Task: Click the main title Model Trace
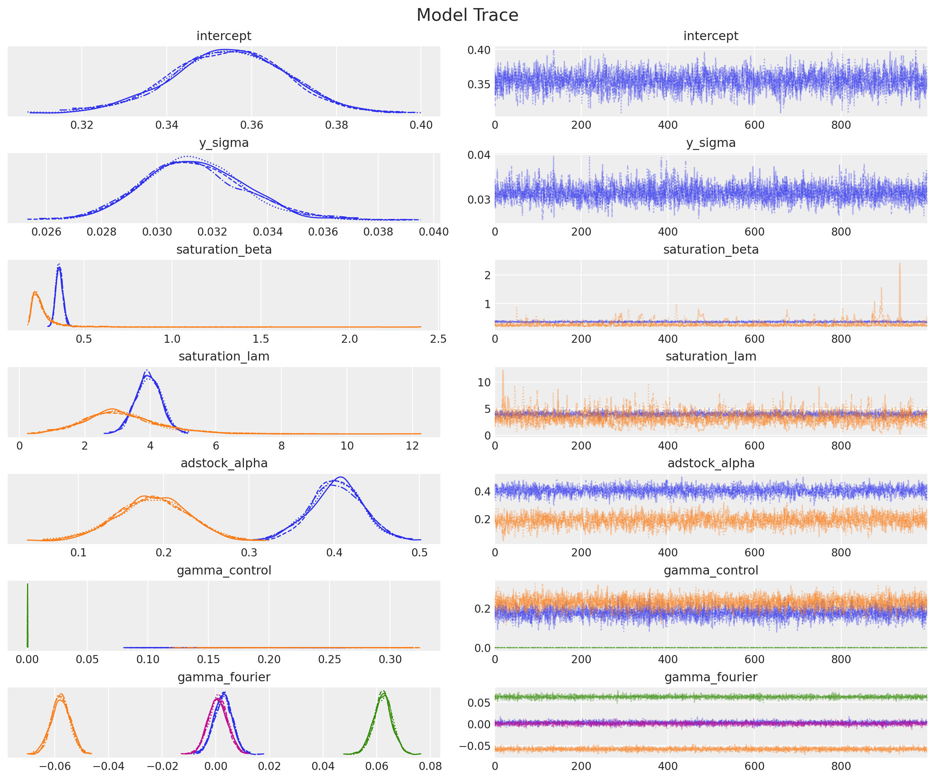[x=467, y=15]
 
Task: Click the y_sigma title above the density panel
[x=223, y=143]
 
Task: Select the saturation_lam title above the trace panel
[x=710, y=356]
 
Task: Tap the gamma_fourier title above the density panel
[x=223, y=677]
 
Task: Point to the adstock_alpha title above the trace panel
[x=710, y=463]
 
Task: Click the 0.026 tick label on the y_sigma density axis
[x=46, y=232]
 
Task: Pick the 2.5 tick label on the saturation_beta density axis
[x=438, y=339]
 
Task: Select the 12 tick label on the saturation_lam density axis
[x=412, y=446]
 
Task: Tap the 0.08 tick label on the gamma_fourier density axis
[x=430, y=766]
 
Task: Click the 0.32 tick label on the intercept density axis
[x=81, y=125]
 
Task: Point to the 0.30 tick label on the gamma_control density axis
[x=390, y=659]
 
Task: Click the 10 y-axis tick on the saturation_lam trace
[x=484, y=382]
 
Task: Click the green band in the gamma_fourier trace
[x=710, y=697]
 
